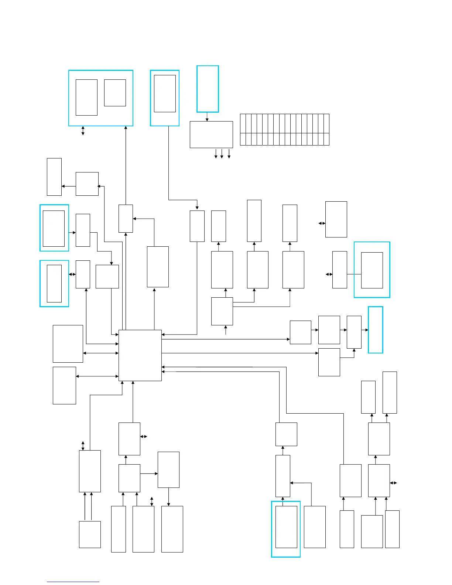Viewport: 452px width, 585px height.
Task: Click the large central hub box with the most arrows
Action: tap(140, 355)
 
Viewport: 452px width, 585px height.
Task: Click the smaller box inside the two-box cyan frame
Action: tap(115, 93)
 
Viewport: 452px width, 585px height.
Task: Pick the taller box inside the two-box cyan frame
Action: tap(86, 97)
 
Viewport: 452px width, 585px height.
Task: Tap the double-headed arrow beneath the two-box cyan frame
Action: tap(83, 131)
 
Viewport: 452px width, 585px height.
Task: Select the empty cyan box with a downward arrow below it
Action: tap(208, 89)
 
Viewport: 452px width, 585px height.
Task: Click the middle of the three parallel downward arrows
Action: tap(222, 153)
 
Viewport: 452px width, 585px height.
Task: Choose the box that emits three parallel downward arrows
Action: tap(211, 134)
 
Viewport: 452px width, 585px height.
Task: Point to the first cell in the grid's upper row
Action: tap(243, 123)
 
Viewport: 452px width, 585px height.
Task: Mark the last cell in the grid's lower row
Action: tap(326, 139)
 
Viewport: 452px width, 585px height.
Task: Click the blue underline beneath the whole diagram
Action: tap(73, 582)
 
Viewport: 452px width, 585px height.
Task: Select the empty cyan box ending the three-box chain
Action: tap(376, 330)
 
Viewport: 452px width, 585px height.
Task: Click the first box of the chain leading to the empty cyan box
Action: tap(301, 332)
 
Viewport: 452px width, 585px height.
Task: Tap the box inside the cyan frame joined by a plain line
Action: tap(372, 270)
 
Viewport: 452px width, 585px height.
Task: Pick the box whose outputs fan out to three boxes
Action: tap(222, 311)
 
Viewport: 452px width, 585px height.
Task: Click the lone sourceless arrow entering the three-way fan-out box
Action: tap(226, 330)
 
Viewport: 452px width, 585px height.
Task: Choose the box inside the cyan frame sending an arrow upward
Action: tap(286, 527)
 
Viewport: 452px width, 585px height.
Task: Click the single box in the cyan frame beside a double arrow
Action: tap(54, 283)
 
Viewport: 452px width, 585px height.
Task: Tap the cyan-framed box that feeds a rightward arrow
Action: tap(54, 228)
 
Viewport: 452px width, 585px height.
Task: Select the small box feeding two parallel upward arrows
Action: tap(90, 534)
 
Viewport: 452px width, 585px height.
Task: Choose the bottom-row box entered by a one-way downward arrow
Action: tap(172, 529)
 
